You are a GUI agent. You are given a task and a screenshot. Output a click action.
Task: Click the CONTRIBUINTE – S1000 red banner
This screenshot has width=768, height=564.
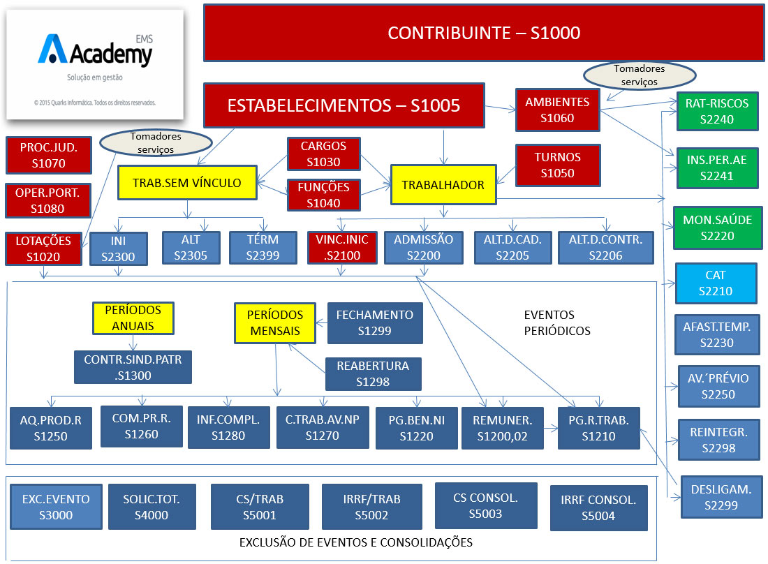tap(483, 33)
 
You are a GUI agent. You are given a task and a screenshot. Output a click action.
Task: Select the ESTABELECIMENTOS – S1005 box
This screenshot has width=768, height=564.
tap(344, 105)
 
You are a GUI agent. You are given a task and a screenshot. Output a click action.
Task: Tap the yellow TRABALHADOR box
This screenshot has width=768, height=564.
tap(443, 185)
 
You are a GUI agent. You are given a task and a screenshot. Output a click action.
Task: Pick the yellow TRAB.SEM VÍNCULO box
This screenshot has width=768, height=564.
tap(186, 183)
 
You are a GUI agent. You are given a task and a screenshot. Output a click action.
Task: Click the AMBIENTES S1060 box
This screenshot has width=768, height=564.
tap(557, 110)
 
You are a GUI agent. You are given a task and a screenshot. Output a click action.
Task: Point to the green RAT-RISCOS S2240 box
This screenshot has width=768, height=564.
tap(716, 112)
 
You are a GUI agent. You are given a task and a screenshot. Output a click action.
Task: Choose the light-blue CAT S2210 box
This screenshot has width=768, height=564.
tap(716, 283)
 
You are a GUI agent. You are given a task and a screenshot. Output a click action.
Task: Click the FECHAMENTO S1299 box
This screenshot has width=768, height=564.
tap(375, 322)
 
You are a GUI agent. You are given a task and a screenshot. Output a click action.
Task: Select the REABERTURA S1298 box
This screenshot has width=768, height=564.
tap(373, 373)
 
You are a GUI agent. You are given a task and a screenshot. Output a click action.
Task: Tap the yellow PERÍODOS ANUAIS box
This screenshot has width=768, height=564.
tap(133, 318)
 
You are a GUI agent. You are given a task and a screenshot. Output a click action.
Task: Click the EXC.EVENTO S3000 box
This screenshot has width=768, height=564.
tap(56, 507)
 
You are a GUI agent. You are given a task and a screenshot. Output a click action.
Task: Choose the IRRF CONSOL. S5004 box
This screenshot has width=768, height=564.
tap(598, 507)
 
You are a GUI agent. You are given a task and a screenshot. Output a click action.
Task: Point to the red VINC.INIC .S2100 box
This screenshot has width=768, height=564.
tap(342, 247)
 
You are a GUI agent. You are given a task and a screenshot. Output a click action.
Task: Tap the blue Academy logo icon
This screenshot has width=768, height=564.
tap(54, 50)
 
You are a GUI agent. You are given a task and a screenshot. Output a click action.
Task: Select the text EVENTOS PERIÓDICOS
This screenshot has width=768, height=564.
tap(557, 322)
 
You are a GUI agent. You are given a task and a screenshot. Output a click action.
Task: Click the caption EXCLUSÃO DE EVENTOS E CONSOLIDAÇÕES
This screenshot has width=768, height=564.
tap(356, 542)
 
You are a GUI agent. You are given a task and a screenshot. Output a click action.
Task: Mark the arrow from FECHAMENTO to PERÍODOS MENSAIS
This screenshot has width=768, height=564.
tap(321, 322)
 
